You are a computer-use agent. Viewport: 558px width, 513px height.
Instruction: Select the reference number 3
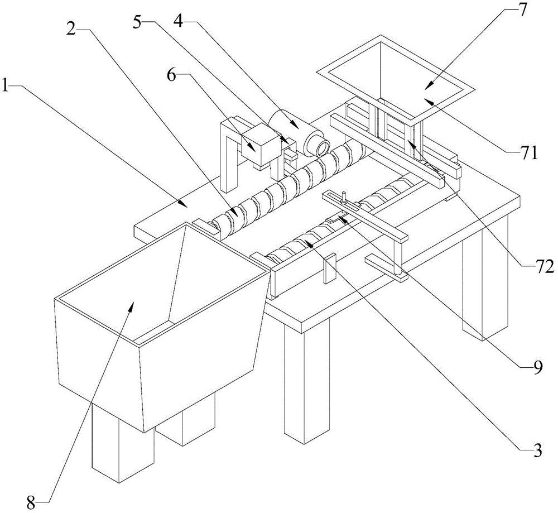click(x=537, y=450)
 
